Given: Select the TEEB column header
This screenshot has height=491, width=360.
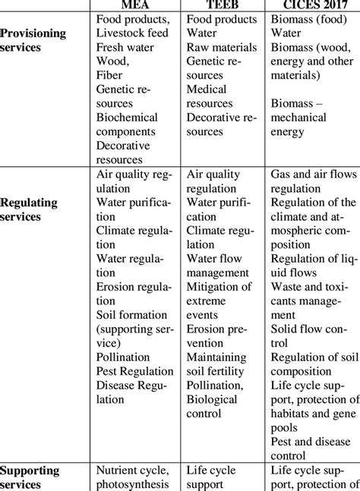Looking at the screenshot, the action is [x=223, y=5].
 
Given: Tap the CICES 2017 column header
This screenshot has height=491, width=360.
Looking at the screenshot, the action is [x=313, y=5].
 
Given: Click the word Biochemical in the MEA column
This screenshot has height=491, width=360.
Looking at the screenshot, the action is [x=128, y=118].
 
